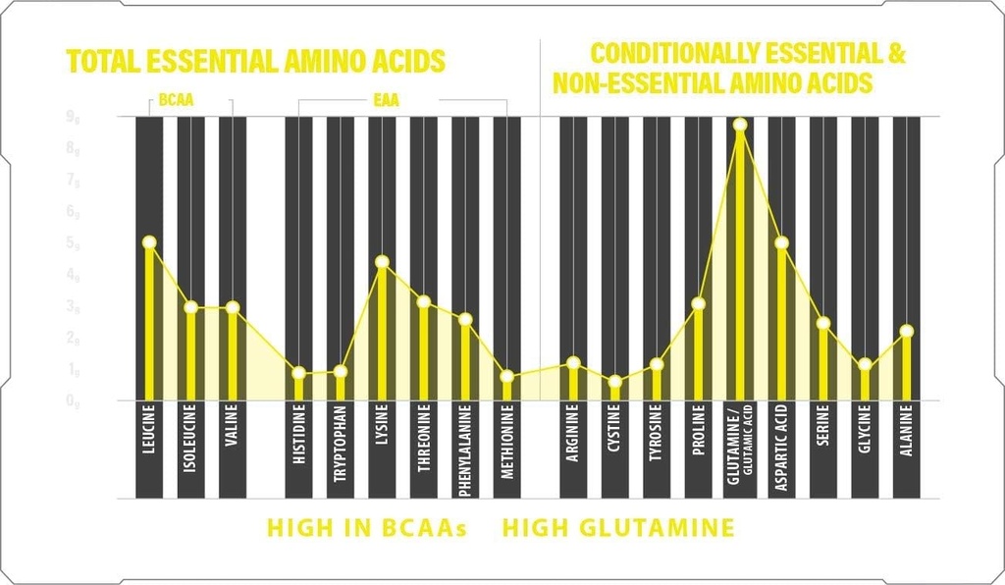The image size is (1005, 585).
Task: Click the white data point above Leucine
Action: pos(149,242)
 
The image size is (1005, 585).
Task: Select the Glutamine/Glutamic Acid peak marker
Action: pos(740,125)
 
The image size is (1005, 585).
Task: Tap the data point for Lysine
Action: pos(382,262)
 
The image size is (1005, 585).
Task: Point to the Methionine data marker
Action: pos(506,376)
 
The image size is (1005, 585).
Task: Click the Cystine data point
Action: pos(614,382)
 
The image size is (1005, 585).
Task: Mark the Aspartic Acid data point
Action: pos(781,242)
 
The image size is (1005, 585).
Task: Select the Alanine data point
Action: pos(907,331)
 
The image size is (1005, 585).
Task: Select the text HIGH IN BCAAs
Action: pos(366,529)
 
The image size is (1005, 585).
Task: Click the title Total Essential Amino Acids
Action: pos(255,62)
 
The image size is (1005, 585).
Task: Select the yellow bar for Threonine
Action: pos(424,351)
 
